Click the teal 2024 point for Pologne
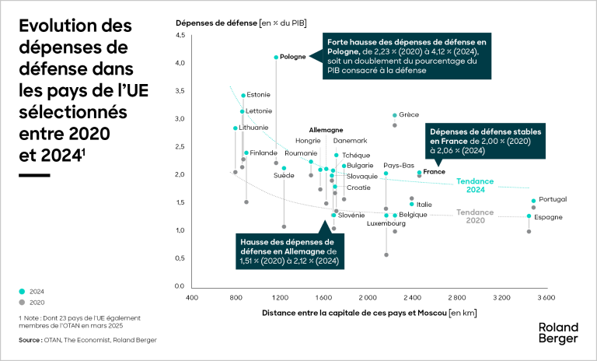(276, 57)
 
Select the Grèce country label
(409, 114)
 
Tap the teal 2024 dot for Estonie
(243, 96)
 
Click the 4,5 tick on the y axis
(180, 35)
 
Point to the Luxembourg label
(386, 224)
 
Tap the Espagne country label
(548, 217)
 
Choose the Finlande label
(264, 153)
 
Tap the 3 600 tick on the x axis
(546, 298)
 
